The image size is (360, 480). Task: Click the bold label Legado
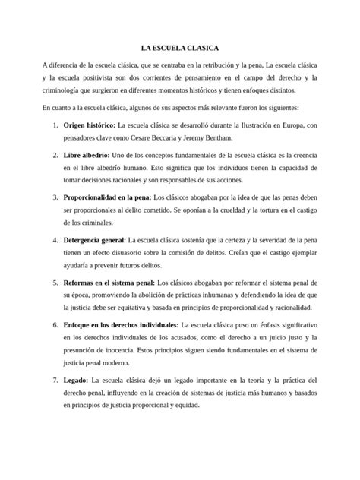(x=75, y=379)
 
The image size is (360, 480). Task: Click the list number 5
(x=55, y=283)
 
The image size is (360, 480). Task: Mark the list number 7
(x=55, y=379)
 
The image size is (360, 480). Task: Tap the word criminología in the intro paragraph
(x=63, y=90)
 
